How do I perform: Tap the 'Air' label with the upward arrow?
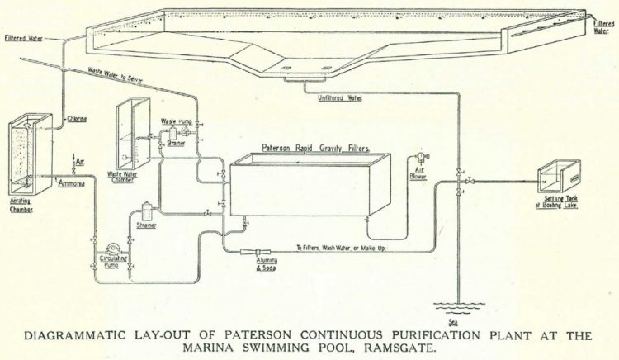(x=80, y=163)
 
